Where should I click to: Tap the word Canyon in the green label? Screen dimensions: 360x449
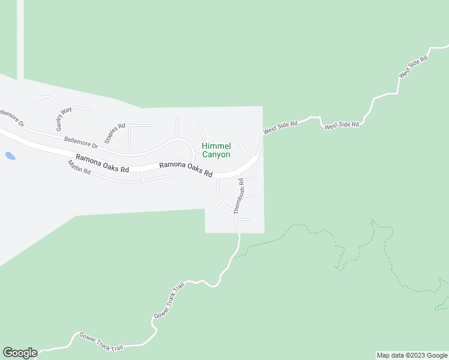pyautogui.click(x=215, y=155)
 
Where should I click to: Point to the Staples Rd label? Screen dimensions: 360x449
pyautogui.click(x=114, y=134)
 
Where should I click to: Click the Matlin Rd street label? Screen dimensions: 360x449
pyautogui.click(x=79, y=167)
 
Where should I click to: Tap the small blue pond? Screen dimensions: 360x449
pyautogui.click(x=10, y=156)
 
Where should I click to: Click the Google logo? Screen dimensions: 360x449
pyautogui.click(x=19, y=353)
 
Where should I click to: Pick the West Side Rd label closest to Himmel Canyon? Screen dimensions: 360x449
pyautogui.click(x=280, y=127)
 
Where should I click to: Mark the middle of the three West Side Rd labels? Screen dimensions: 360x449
pyautogui.click(x=342, y=125)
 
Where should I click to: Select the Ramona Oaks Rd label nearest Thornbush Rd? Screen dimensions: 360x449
pyautogui.click(x=185, y=170)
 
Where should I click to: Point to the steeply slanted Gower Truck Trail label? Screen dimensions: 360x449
pyautogui.click(x=169, y=299)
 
